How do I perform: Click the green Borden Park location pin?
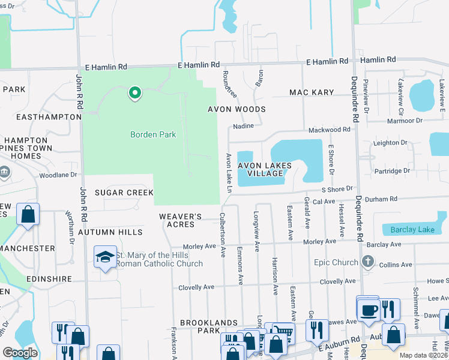134,93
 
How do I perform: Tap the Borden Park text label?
153,134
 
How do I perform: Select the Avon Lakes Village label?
265,169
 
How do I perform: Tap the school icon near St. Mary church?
105,257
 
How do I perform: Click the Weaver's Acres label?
176,220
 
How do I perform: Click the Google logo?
20,353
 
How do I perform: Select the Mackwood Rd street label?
329,130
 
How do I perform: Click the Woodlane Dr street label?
58,175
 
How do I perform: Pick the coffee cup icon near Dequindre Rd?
368,310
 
